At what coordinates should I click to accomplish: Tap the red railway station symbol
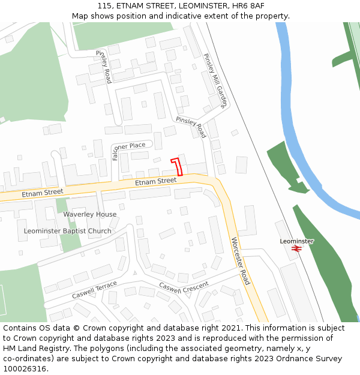pyautogui.click(x=296, y=248)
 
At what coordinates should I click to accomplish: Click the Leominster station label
pyautogui.click(x=296, y=241)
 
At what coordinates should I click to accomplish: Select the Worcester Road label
pyautogui.click(x=240, y=261)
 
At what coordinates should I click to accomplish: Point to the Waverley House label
pyautogui.click(x=90, y=214)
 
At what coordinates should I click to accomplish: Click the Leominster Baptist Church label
pyautogui.click(x=67, y=231)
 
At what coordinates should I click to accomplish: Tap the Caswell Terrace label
pyautogui.click(x=94, y=290)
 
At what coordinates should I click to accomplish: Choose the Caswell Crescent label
pyautogui.click(x=184, y=287)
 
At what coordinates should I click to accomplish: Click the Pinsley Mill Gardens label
pyautogui.click(x=214, y=80)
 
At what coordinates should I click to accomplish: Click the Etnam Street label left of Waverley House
pyautogui.click(x=42, y=193)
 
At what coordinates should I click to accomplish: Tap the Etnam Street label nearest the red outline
pyautogui.click(x=155, y=181)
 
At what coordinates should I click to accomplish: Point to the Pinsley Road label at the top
pyautogui.click(x=103, y=67)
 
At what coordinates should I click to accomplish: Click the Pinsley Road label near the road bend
pyautogui.click(x=191, y=127)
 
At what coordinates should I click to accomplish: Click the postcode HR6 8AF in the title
pyautogui.click(x=249, y=5)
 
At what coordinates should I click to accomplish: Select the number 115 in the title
pyautogui.click(x=104, y=5)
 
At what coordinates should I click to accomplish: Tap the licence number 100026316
pyautogui.click(x=24, y=369)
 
